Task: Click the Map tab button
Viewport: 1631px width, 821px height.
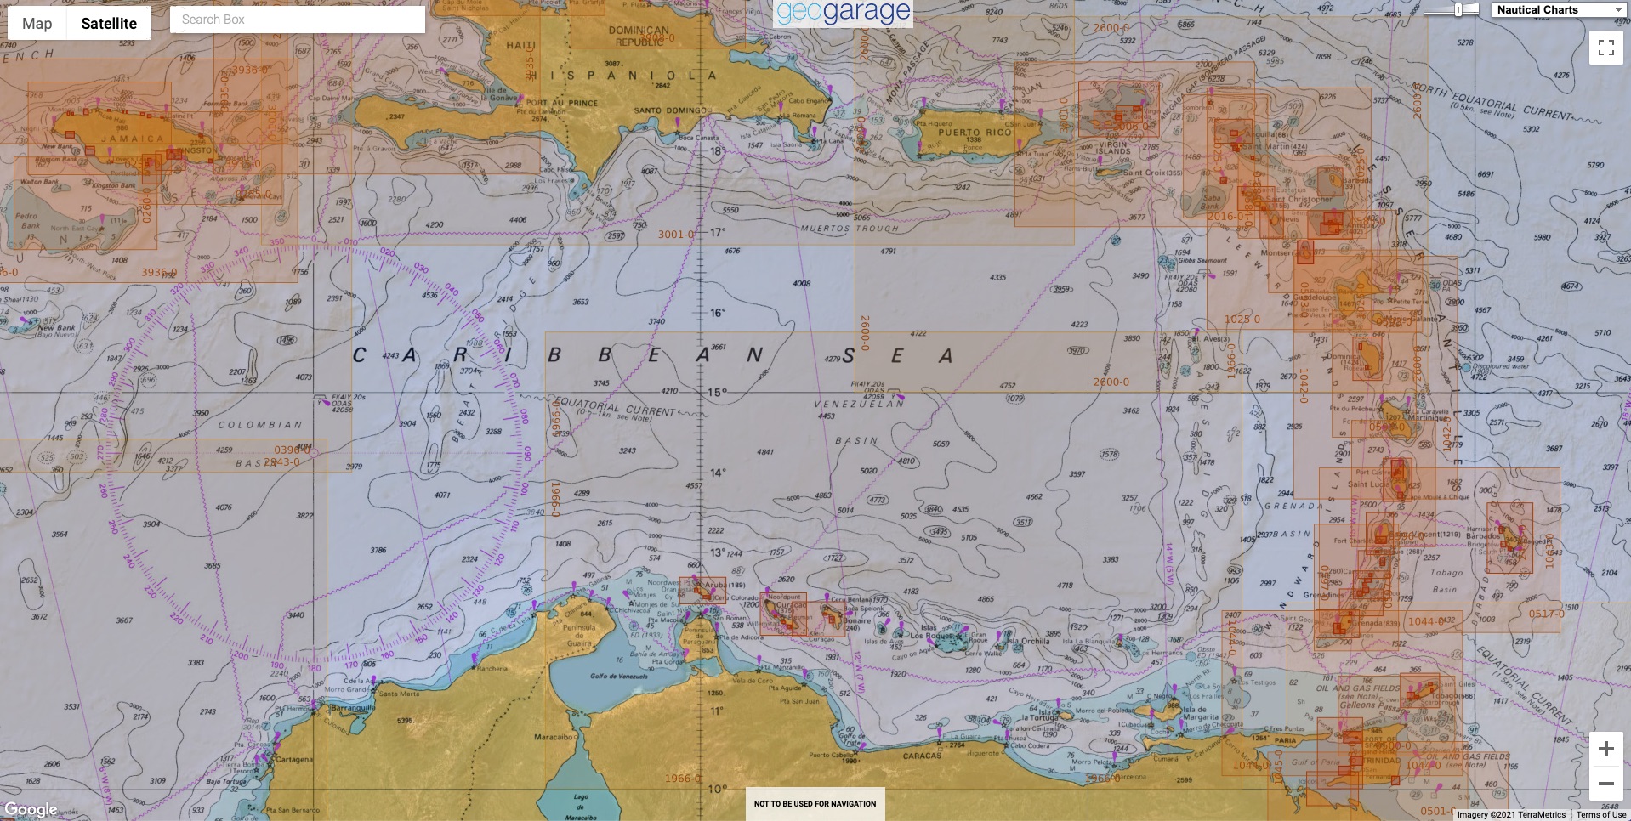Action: click(x=37, y=24)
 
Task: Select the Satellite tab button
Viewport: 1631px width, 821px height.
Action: click(x=109, y=24)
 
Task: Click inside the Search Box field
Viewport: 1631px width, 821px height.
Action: click(x=298, y=20)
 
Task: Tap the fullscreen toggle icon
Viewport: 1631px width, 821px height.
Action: click(x=1605, y=48)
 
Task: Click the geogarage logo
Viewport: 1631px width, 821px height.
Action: click(x=843, y=13)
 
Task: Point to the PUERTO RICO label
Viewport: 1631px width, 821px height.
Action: click(x=975, y=133)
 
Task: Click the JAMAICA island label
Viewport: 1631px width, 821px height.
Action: click(x=133, y=139)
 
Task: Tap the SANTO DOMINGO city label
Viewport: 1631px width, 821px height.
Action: click(x=670, y=110)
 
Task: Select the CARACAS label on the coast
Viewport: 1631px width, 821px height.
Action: click(x=922, y=755)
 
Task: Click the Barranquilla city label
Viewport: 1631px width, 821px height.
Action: click(x=352, y=707)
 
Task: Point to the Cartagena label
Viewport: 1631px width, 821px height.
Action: click(x=294, y=759)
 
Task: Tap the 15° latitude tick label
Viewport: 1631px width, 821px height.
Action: click(x=719, y=393)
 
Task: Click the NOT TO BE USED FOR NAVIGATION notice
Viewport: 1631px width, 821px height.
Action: click(x=815, y=803)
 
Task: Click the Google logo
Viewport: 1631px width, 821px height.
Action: click(x=31, y=809)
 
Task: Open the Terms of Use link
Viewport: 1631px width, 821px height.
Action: click(x=1600, y=814)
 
